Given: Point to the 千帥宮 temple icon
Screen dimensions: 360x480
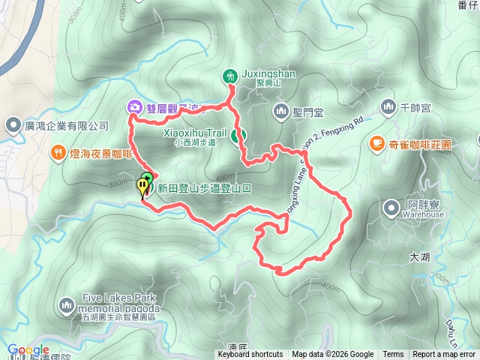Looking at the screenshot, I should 388,108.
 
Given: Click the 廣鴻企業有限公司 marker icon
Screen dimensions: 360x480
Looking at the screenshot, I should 13,125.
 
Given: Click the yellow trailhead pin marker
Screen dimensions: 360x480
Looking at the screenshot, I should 142,187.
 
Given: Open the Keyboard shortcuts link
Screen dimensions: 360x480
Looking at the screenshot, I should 250,355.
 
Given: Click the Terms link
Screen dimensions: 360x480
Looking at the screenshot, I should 393,355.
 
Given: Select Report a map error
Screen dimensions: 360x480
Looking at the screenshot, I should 445,355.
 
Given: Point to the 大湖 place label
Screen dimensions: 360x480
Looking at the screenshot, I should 420,256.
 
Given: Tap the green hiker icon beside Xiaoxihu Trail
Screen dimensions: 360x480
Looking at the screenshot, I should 235,136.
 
